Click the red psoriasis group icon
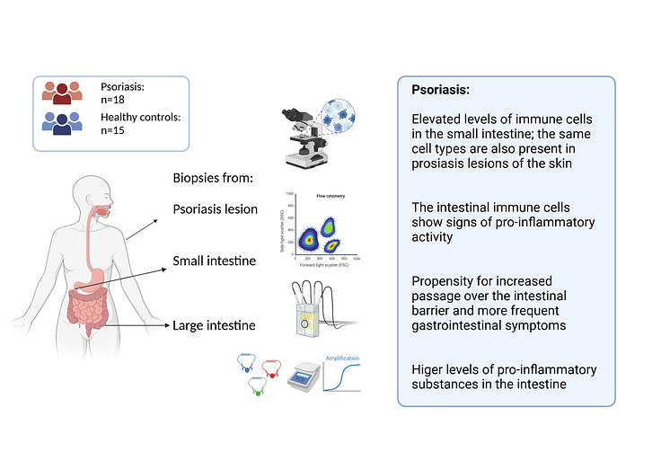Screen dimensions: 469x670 [62, 93]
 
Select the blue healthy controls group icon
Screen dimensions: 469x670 [62, 123]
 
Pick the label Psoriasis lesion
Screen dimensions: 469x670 [215, 209]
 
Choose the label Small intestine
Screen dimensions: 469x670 [214, 261]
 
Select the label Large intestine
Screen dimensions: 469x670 [214, 324]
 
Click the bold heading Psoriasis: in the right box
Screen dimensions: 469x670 [441, 90]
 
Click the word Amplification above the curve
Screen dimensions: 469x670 [343, 358]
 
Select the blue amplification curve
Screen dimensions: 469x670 [343, 377]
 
